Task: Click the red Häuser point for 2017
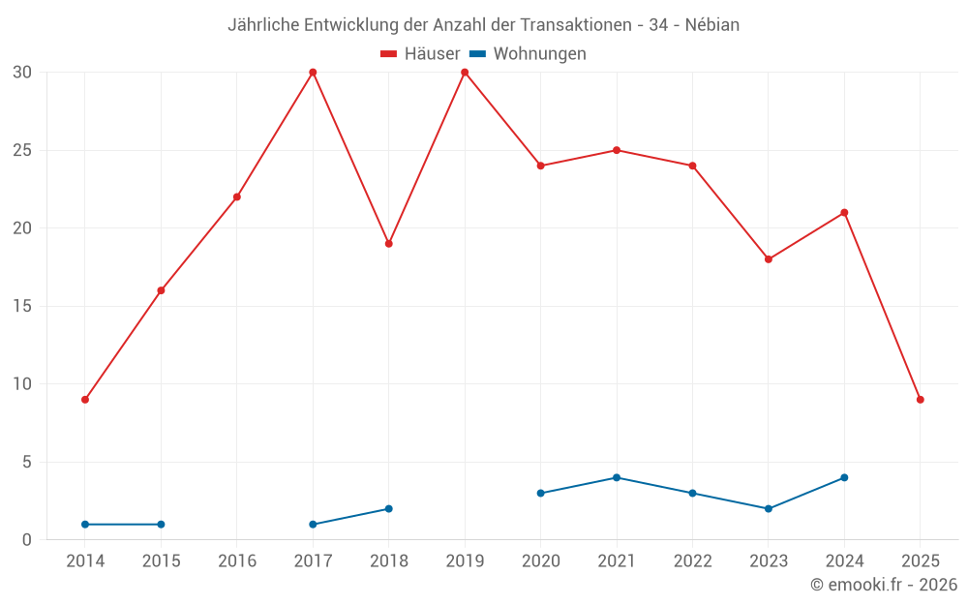point(313,73)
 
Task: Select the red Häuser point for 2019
point(465,73)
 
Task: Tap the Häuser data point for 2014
point(85,400)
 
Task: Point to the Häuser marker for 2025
point(920,400)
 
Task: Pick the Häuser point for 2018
point(388,244)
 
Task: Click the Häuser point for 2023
point(769,259)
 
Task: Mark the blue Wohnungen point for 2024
point(844,477)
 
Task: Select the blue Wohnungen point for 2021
point(617,477)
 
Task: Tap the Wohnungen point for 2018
point(388,508)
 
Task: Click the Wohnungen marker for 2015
point(161,525)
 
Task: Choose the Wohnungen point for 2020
point(540,493)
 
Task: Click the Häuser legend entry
point(420,54)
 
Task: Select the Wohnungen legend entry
point(528,54)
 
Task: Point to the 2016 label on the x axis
point(237,561)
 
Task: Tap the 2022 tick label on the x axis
point(692,561)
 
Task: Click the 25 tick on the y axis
point(22,150)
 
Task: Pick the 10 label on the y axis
point(22,384)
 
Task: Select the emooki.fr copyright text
point(883,585)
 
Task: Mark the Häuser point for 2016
point(237,197)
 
